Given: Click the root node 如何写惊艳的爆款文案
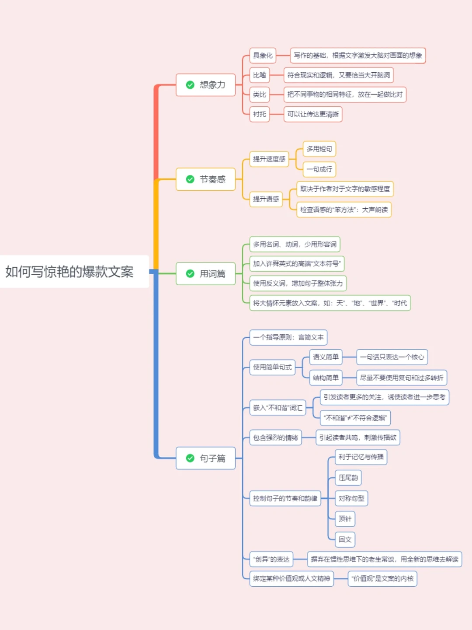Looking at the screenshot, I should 70,272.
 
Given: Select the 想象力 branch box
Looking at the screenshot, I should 206,85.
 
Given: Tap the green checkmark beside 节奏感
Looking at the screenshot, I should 190,179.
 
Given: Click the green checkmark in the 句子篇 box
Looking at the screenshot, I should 190,458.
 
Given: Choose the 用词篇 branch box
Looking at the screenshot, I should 206,274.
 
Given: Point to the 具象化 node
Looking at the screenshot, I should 263,56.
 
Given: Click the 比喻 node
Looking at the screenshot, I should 260,75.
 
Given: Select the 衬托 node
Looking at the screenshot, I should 260,114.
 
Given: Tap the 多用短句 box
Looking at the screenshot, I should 319,149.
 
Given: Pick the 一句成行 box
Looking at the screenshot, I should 319,169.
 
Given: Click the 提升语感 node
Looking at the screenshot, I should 266,199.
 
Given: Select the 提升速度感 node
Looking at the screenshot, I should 269,159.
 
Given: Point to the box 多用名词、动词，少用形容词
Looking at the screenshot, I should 295,245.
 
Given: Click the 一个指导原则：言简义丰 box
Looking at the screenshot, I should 288,337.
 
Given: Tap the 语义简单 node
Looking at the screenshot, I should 326,357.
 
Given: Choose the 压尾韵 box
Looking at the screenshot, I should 348,478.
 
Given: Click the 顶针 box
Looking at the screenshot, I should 345,519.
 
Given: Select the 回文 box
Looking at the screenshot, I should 345,539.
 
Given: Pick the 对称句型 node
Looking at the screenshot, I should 351,498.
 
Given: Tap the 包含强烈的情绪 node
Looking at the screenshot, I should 275,437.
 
